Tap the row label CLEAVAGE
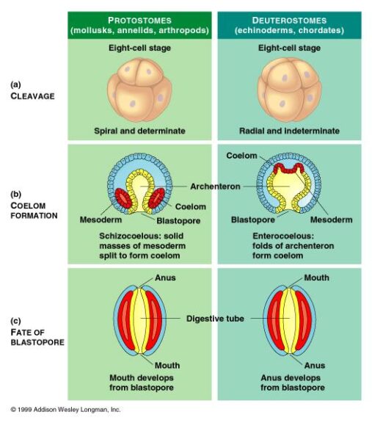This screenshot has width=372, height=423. click(x=32, y=95)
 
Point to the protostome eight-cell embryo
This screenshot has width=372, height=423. click(x=139, y=89)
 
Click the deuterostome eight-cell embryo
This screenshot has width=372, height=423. click(x=289, y=89)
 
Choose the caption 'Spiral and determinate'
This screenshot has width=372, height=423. click(x=139, y=131)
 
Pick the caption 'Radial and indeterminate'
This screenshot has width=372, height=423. click(x=289, y=131)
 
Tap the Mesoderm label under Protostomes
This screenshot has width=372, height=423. click(x=100, y=220)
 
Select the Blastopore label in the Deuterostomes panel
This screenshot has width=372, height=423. click(x=253, y=220)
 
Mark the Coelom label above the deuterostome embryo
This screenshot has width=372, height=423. click(x=241, y=156)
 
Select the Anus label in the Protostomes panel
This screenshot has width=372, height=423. click(x=165, y=278)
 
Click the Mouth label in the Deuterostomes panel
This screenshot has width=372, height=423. click(x=316, y=278)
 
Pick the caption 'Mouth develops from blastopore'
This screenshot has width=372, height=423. click(x=139, y=383)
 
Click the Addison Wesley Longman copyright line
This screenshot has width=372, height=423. click(x=65, y=409)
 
